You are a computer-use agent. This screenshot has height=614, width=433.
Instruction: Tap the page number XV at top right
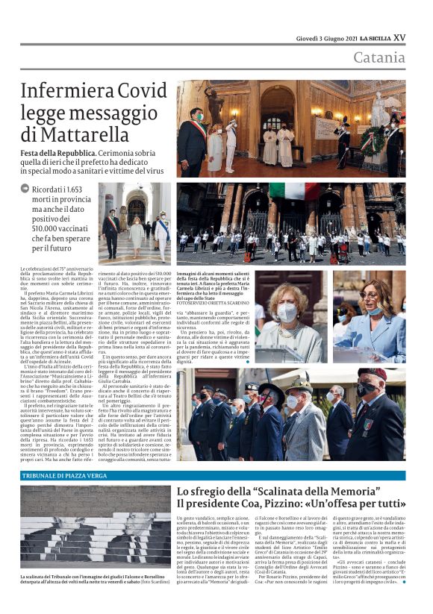tap(399, 37)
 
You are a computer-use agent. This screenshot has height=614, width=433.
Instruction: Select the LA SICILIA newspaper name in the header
tap(365, 38)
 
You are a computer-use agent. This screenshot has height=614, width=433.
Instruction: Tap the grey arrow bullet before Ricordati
tap(25, 189)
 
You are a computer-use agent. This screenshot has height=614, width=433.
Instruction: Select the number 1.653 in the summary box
tap(81, 189)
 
